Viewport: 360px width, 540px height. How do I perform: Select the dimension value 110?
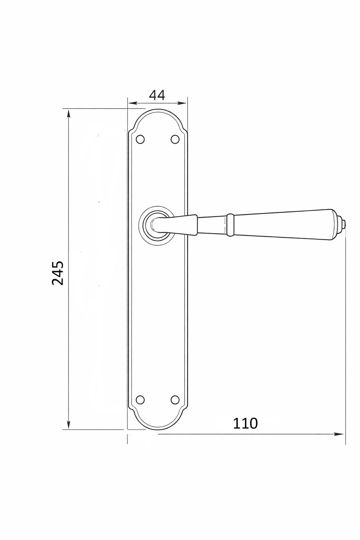coord(245,424)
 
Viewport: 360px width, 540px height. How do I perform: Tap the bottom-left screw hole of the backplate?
coord(140,399)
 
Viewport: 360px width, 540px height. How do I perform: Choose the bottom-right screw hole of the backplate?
coord(175,399)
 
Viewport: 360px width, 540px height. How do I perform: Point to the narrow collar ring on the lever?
coord(230,224)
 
